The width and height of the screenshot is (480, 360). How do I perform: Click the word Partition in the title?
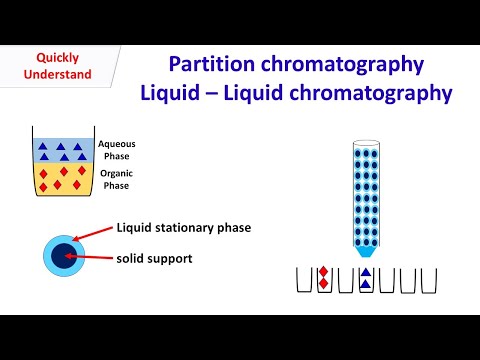point(208,65)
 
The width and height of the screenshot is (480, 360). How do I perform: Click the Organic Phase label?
point(116,179)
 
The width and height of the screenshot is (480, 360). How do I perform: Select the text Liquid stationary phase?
point(183,228)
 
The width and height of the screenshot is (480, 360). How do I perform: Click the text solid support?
point(155,259)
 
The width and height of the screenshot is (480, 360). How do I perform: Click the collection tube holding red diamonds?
point(324,280)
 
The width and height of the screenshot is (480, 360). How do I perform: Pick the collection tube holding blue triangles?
point(366,280)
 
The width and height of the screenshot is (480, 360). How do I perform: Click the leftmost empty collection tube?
point(304,280)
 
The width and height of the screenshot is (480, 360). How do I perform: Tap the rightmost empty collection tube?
point(429,280)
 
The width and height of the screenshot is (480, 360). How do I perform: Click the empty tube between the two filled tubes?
point(345,280)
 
